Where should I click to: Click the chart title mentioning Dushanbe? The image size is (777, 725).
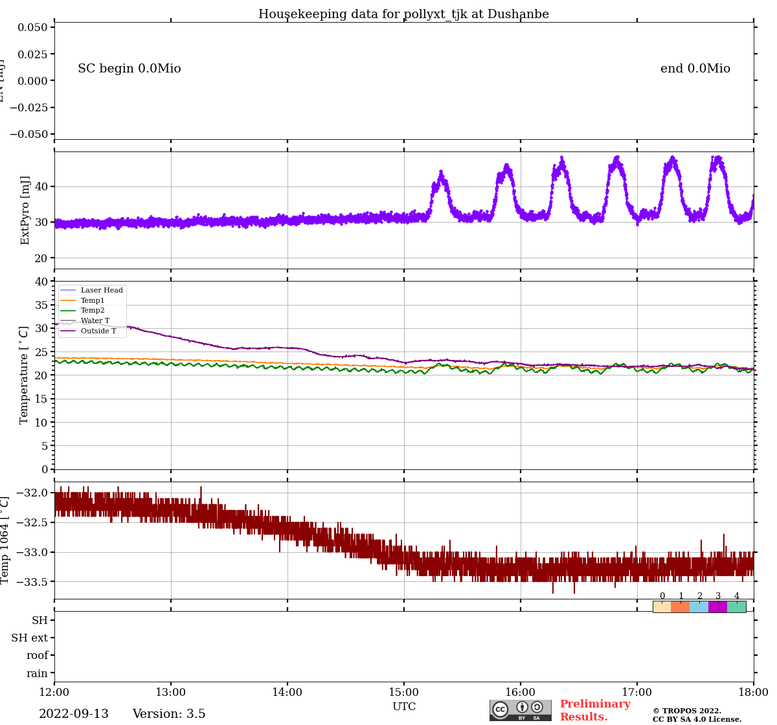[403, 14]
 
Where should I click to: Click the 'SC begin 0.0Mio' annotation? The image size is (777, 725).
[129, 69]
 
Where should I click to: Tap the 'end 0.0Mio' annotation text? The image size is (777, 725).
[695, 69]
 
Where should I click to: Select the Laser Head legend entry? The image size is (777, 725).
[101, 291]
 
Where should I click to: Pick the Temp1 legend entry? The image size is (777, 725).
[93, 300]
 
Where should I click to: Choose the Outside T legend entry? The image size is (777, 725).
[98, 331]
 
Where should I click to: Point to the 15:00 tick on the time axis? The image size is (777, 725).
[404, 692]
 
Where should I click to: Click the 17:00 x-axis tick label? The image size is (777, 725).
[637, 692]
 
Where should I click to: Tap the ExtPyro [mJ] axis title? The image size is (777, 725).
[25, 210]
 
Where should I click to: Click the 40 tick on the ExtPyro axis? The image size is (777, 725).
[41, 186]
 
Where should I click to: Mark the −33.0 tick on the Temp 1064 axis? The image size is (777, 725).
[32, 552]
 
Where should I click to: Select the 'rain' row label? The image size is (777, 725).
[38, 673]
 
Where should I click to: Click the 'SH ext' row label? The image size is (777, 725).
[30, 638]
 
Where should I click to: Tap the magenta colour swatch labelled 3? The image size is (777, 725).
[717, 607]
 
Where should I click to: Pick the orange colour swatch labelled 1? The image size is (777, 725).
[681, 607]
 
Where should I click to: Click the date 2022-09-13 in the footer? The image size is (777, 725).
[74, 714]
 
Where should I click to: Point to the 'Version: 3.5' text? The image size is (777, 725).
[169, 714]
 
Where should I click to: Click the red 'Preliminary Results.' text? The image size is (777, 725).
[594, 710]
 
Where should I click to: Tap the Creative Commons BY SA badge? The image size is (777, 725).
[521, 710]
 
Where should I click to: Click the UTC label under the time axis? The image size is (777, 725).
[404, 706]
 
